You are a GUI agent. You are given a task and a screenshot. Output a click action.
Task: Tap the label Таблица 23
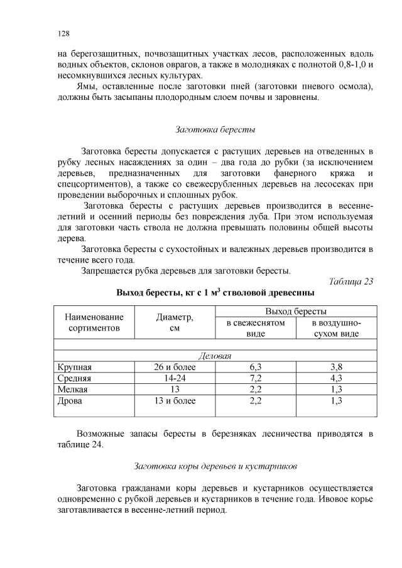click(x=351, y=281)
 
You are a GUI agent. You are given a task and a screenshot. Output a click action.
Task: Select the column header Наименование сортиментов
click(x=94, y=323)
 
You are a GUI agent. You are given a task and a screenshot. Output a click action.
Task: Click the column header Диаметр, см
click(x=175, y=323)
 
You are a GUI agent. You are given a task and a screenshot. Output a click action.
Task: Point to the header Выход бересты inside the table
click(x=295, y=312)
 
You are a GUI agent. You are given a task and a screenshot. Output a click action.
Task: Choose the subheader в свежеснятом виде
click(x=255, y=329)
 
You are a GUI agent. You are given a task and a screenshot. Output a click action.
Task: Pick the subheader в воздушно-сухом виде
click(x=336, y=329)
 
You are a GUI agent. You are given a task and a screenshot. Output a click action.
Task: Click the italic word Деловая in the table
click(x=215, y=356)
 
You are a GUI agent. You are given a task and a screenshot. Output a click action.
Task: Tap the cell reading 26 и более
click(x=175, y=367)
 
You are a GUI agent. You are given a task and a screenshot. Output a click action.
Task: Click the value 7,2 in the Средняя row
click(x=255, y=378)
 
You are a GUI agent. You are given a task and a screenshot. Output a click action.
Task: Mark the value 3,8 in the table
click(x=336, y=367)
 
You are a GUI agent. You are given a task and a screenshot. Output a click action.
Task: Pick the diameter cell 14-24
click(x=175, y=378)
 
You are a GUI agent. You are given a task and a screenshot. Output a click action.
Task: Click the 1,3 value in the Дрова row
click(x=336, y=401)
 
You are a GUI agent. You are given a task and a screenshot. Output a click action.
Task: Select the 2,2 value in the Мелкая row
click(x=255, y=390)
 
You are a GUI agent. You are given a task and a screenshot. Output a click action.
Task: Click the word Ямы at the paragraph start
click(x=85, y=86)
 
